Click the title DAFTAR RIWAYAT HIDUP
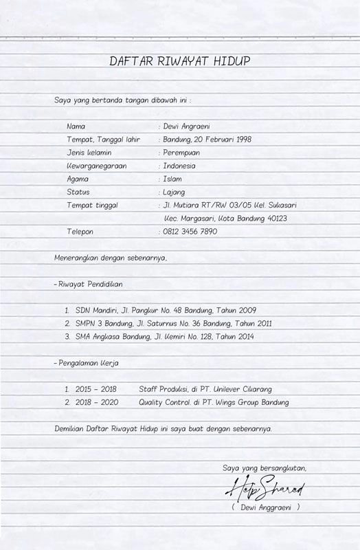coord(180,62)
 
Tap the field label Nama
coord(76,126)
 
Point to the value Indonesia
coord(179,166)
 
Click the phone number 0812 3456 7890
coord(190,232)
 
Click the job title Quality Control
coord(164,402)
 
